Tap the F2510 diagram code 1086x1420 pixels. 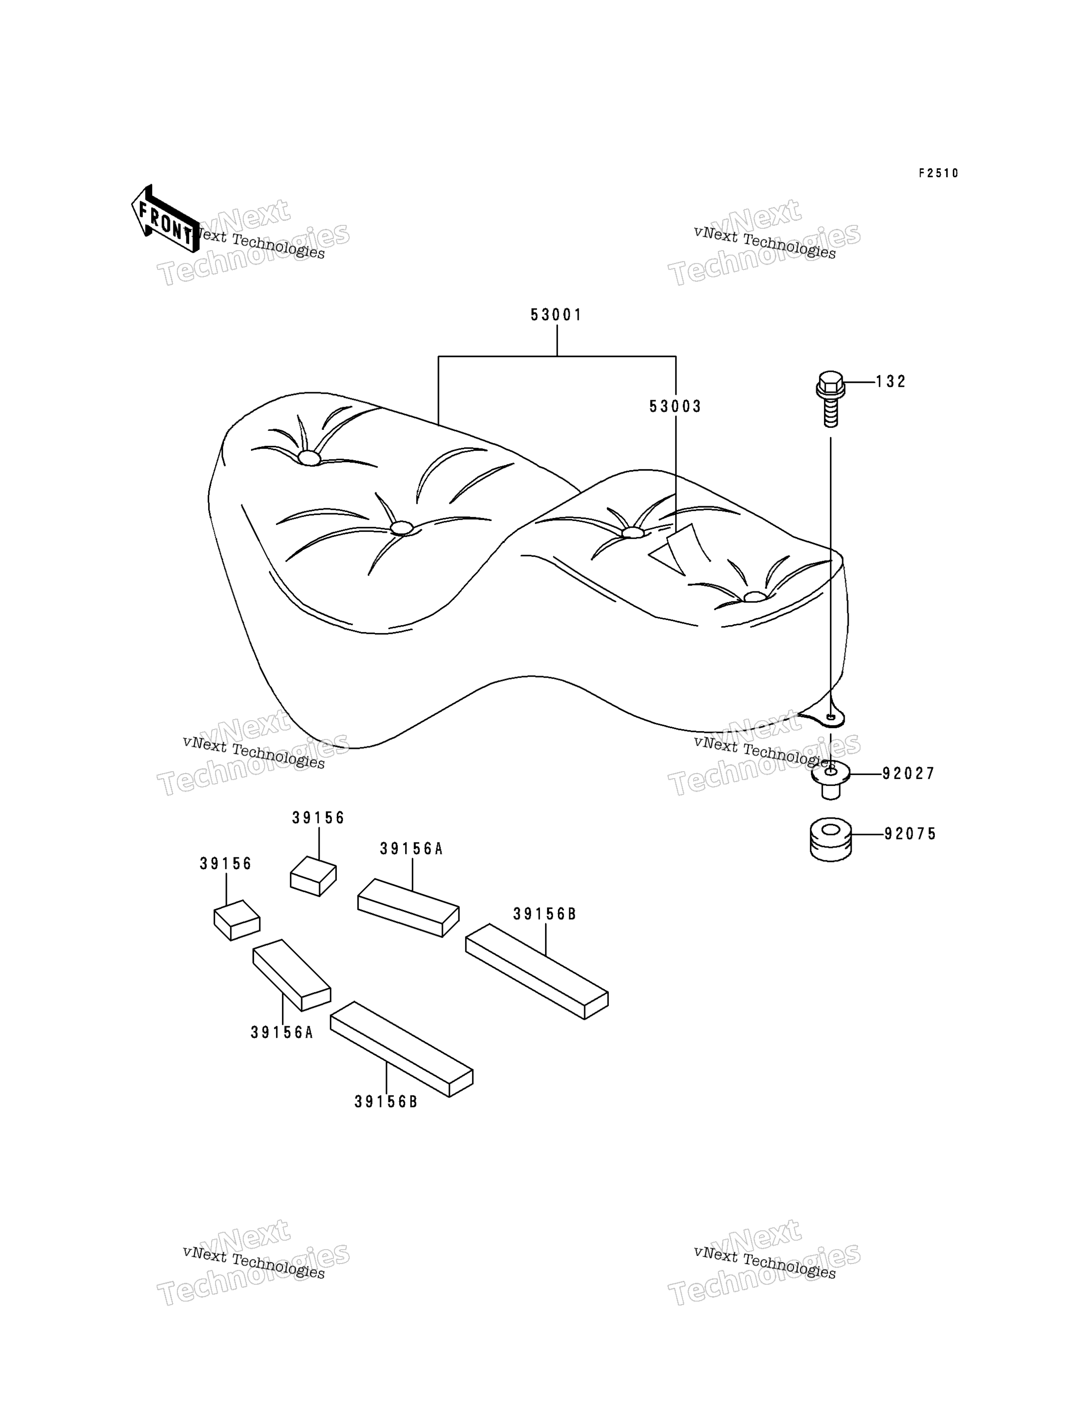(x=939, y=173)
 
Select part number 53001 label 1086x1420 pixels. (x=556, y=315)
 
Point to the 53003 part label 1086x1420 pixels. (x=675, y=407)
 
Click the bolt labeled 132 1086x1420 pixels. (x=831, y=399)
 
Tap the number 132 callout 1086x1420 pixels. (x=891, y=382)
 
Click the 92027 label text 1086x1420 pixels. (x=909, y=774)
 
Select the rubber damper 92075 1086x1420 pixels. (x=831, y=840)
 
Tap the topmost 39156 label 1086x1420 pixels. (x=318, y=818)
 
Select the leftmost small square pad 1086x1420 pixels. (x=237, y=920)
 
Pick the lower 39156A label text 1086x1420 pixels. (x=282, y=1033)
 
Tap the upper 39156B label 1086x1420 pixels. (x=544, y=914)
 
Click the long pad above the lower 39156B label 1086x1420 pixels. (x=401, y=1049)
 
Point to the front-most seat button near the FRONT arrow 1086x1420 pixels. (x=309, y=458)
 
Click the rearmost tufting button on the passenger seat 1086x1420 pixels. (x=755, y=596)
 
